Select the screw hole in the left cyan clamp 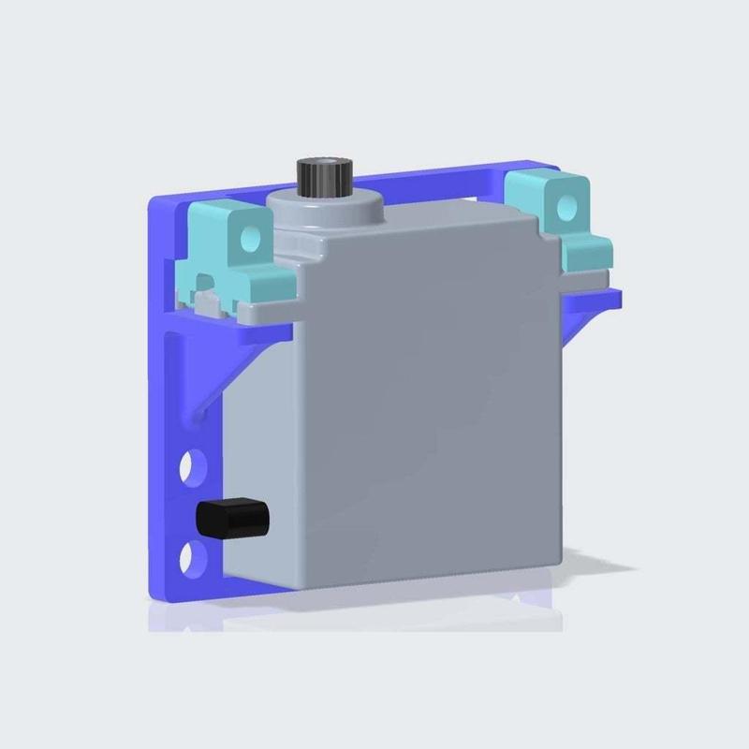(248, 238)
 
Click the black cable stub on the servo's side (231, 518)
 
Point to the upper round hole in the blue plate (191, 463)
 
